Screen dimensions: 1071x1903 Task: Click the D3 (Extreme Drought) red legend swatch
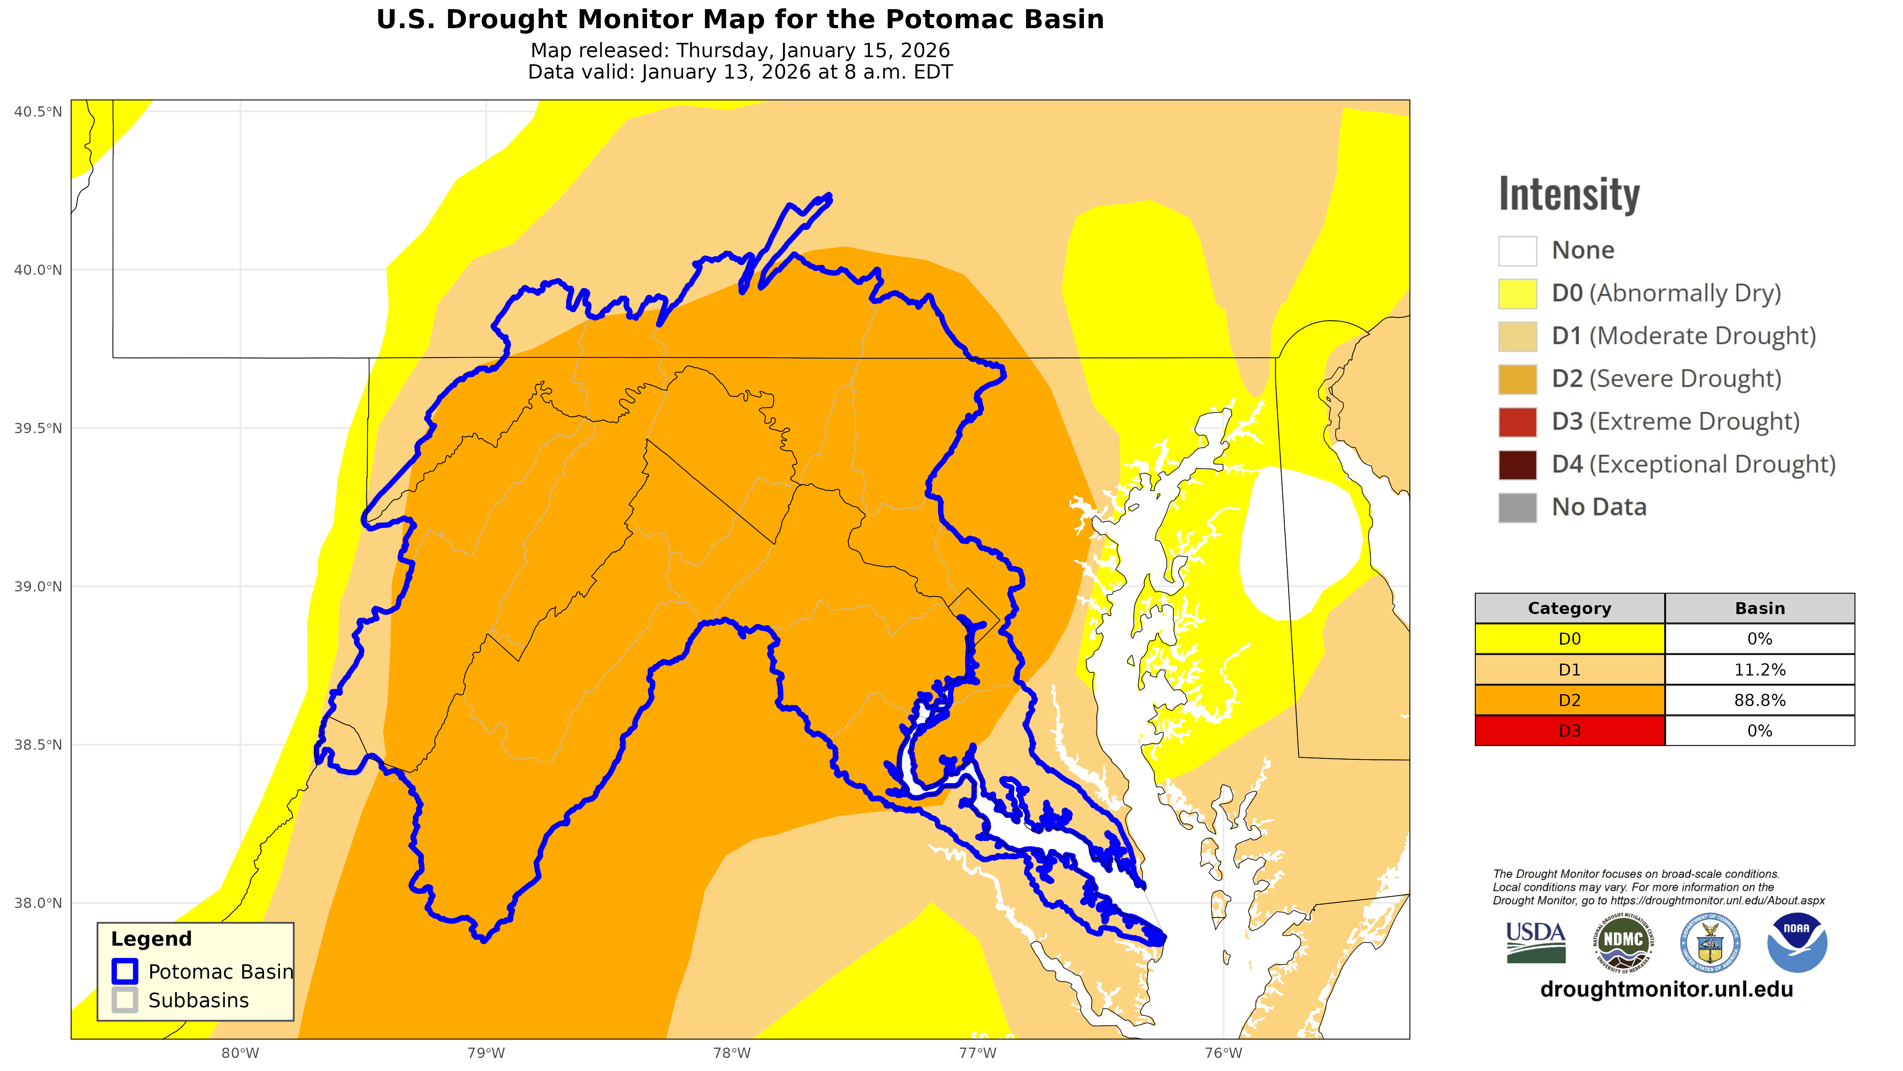tap(1517, 422)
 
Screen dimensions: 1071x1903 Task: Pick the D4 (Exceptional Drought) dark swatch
tap(1517, 465)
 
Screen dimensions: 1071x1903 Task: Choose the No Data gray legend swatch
tap(1517, 508)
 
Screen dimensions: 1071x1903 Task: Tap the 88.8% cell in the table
tap(1760, 700)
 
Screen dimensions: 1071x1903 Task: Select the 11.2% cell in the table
tap(1760, 670)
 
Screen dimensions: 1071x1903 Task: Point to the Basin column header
tap(1760, 608)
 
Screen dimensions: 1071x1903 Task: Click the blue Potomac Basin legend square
tap(125, 971)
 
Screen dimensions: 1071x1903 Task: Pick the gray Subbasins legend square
tap(125, 1000)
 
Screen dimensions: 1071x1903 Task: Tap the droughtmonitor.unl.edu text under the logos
tap(1667, 990)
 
